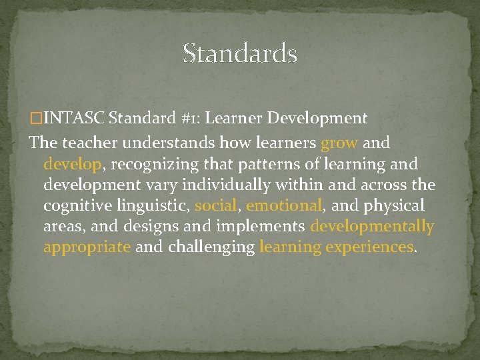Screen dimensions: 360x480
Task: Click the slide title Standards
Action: (240, 53)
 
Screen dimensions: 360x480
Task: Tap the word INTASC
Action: (74, 119)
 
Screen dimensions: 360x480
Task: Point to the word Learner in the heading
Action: (234, 119)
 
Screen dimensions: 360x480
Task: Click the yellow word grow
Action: (339, 143)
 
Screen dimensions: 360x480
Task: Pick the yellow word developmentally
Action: (372, 227)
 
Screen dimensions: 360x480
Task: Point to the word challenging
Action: (211, 247)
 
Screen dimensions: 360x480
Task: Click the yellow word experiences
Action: (369, 247)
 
